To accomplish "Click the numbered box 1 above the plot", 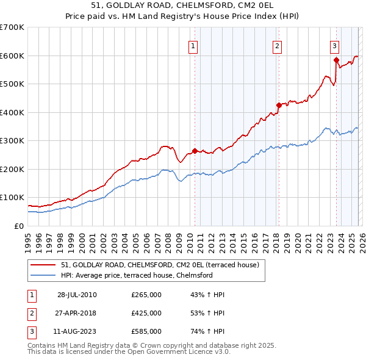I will click(193, 45).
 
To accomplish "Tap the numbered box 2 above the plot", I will click(277, 45).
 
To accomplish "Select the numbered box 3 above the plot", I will click(335, 45).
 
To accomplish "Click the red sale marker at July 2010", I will click(195, 151).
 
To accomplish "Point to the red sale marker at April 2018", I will click(278, 105).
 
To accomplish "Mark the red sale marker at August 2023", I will click(336, 60).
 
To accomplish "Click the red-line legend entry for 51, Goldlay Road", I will click(160, 265).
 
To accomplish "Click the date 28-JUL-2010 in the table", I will click(77, 295).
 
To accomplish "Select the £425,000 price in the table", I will click(146, 313).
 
